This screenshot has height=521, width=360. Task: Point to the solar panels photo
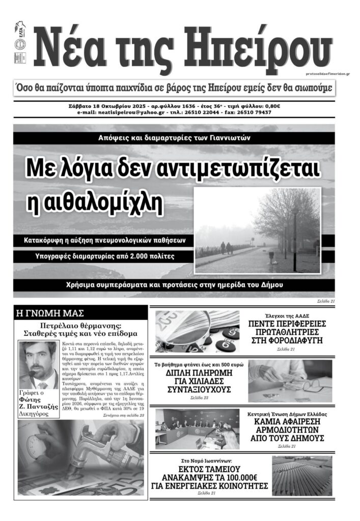coord(302,476)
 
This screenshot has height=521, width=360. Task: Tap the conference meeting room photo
coord(197,428)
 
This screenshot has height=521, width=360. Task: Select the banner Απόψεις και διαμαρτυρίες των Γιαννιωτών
coord(174,138)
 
